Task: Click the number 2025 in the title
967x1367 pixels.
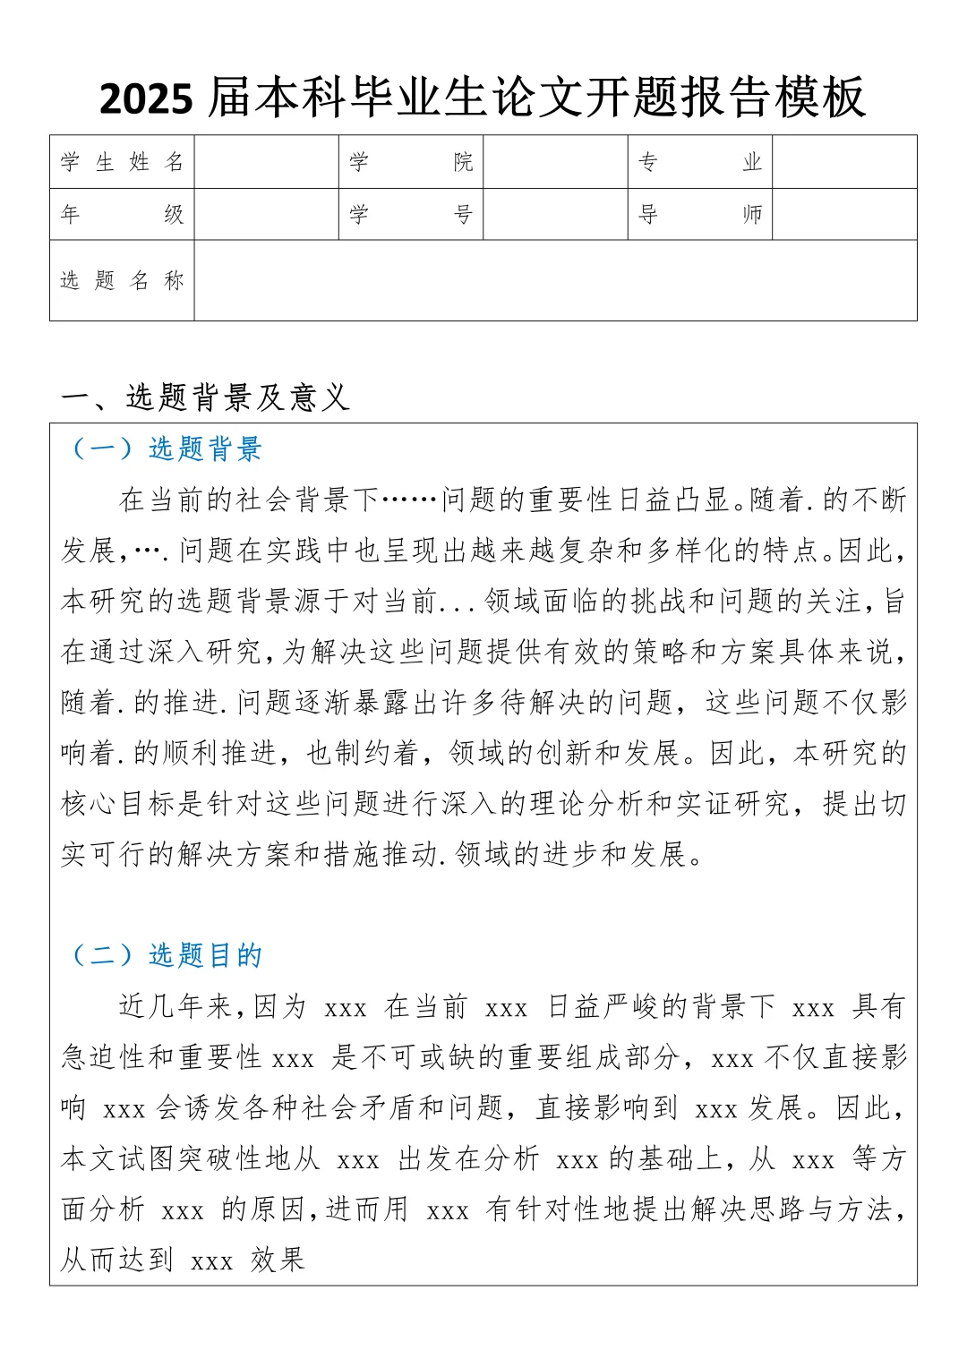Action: [x=145, y=98]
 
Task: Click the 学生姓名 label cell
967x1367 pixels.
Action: [x=122, y=162]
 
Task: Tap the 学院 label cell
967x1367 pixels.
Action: [x=411, y=162]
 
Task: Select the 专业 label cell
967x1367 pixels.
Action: [x=699, y=162]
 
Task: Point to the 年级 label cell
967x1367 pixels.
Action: [x=122, y=214]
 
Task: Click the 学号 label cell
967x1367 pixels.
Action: [x=411, y=214]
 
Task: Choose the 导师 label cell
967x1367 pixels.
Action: [x=699, y=214]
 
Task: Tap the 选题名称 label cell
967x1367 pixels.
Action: [x=122, y=280]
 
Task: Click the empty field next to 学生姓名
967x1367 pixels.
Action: [x=266, y=162]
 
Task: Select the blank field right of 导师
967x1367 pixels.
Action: [x=844, y=214]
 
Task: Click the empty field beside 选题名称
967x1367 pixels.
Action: [x=555, y=280]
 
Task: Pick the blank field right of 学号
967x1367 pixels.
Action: [x=555, y=214]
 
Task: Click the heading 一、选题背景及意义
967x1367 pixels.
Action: [x=205, y=397]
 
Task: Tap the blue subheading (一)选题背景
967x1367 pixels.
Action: [x=167, y=449]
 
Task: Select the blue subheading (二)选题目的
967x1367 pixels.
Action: [x=167, y=955]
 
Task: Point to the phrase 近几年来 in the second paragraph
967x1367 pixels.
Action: [x=175, y=1006]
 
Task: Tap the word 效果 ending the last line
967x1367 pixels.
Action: [x=278, y=1260]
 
